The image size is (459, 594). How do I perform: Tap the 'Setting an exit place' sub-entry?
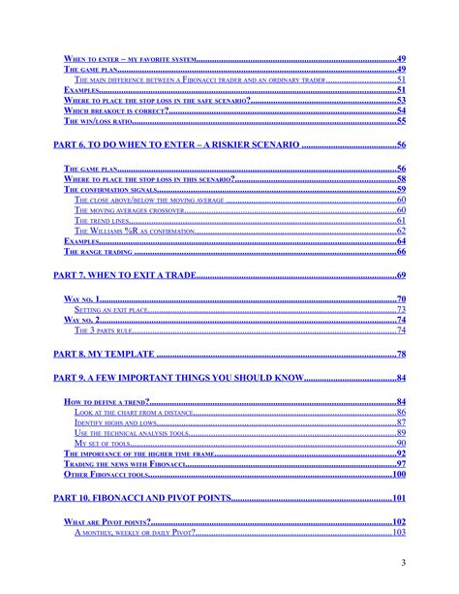(116, 309)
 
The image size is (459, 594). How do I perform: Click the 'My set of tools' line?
(101, 443)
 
